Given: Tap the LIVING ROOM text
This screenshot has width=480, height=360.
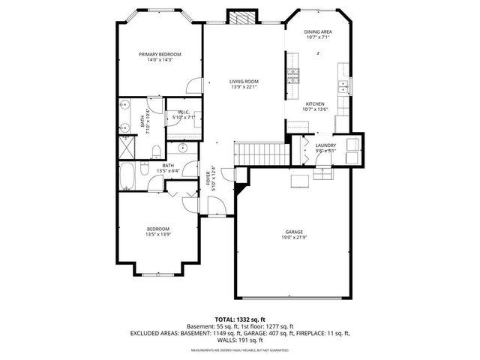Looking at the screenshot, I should pyautogui.click(x=244, y=81).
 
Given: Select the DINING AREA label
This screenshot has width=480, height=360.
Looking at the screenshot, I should pyautogui.click(x=318, y=31).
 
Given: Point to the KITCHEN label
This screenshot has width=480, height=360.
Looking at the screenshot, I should pyautogui.click(x=313, y=103).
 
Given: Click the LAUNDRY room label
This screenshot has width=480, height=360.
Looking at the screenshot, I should pyautogui.click(x=325, y=145).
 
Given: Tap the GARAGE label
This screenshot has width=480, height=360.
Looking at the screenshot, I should pyautogui.click(x=293, y=231).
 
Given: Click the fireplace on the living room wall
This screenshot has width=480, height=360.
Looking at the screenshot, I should pyautogui.click(x=242, y=18).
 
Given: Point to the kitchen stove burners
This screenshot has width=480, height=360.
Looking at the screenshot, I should pyautogui.click(x=292, y=73).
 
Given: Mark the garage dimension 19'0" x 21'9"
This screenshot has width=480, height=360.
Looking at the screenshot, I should pyautogui.click(x=293, y=238).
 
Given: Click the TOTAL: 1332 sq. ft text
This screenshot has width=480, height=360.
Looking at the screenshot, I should pyautogui.click(x=239, y=319).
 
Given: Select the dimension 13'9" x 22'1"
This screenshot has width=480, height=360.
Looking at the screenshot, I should pyautogui.click(x=244, y=88).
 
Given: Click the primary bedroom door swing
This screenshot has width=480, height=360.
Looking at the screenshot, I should pyautogui.click(x=194, y=85).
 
